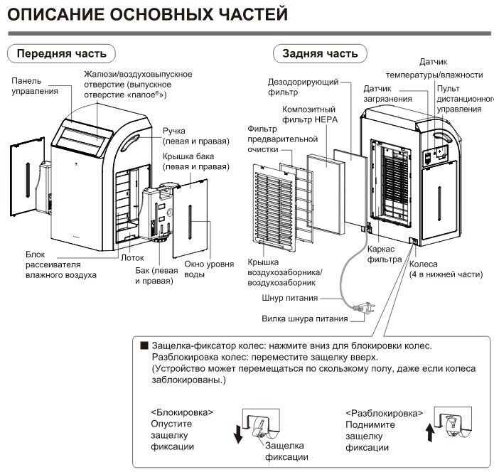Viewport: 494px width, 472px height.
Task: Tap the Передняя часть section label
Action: coord(61,53)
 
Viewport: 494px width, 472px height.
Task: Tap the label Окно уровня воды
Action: coord(208,270)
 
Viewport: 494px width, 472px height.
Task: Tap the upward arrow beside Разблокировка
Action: coord(426,431)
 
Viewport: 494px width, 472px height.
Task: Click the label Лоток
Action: coord(134,258)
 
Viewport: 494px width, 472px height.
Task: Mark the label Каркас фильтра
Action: coord(387,255)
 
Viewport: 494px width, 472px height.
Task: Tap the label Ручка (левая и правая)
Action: coord(189,136)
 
